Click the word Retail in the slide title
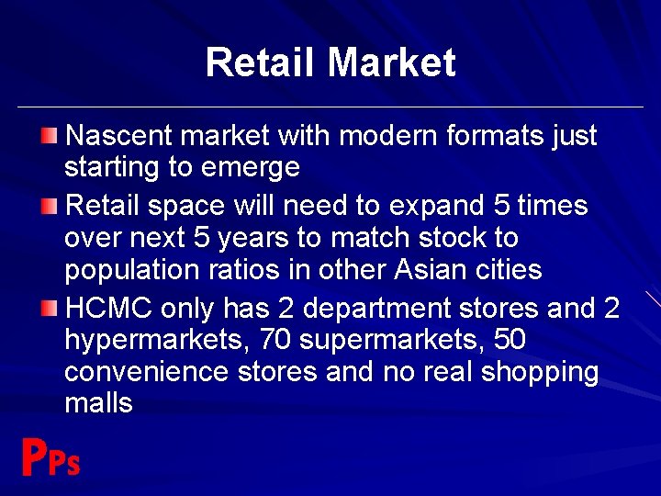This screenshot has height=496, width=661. coord(262,62)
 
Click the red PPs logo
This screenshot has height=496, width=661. coord(50,458)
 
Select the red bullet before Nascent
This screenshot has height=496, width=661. coord(49,136)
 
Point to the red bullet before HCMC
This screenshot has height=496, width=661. coord(49,308)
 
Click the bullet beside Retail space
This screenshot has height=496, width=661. coord(49,204)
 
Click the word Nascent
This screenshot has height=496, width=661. coord(120,136)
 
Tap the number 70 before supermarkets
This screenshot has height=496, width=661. coord(276,340)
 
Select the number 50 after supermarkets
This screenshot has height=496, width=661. coord(509,340)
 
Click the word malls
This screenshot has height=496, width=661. coord(98,402)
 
